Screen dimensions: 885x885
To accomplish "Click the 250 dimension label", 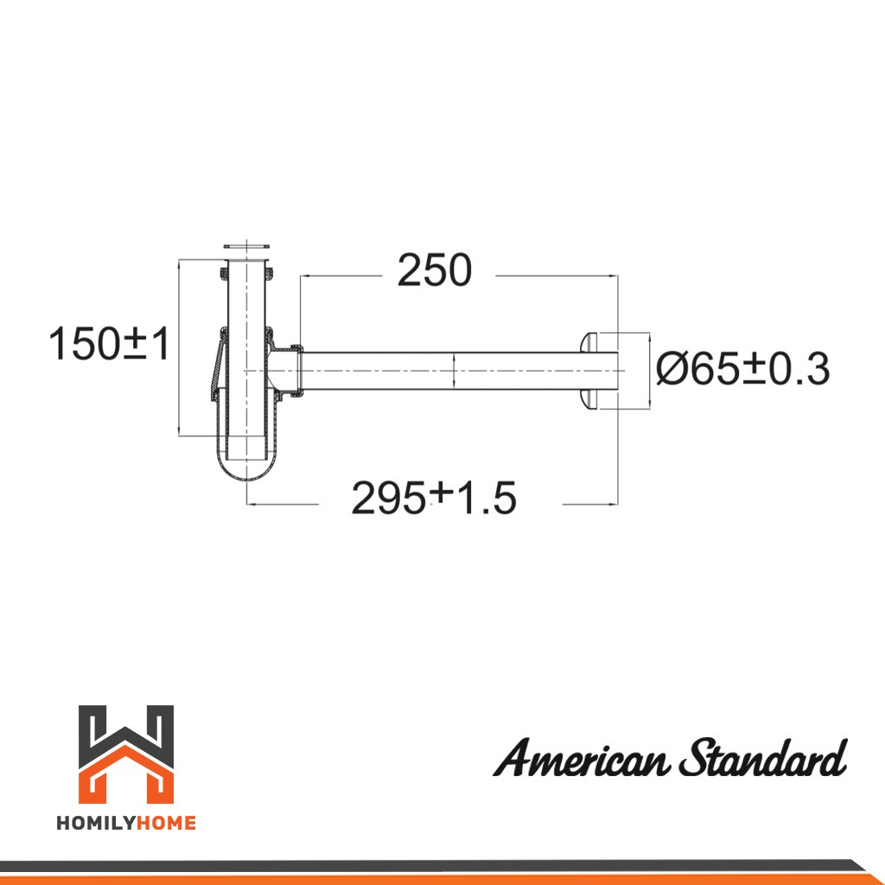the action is [x=434, y=271].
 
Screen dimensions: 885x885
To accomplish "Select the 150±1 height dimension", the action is [x=109, y=343].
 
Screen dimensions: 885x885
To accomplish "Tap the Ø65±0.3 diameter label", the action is [x=742, y=369].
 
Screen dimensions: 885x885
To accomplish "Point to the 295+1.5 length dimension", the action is [x=434, y=497].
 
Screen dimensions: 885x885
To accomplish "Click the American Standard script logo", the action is [x=670, y=757].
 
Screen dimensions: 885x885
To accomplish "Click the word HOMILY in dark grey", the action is [x=96, y=824].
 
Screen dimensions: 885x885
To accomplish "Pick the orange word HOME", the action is [x=167, y=824].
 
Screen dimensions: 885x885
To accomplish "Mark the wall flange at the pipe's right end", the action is [x=588, y=371].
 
